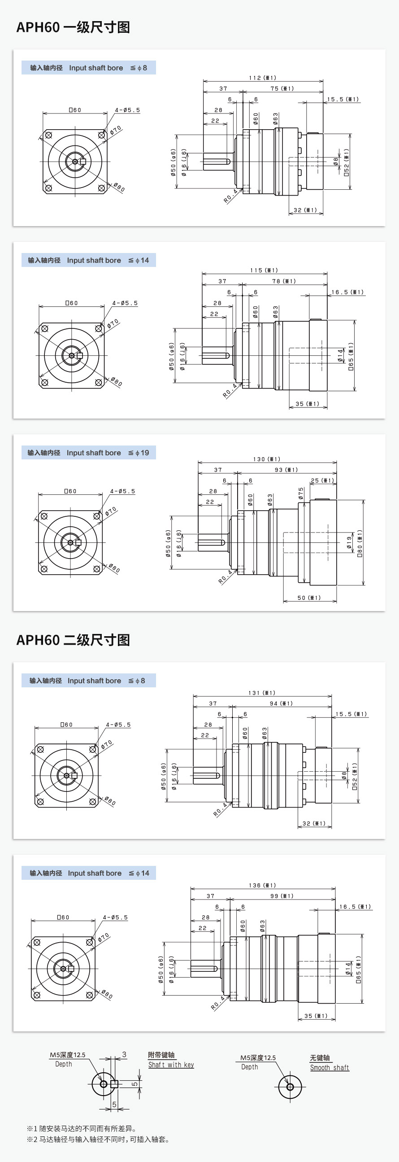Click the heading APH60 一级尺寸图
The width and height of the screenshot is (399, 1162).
73,27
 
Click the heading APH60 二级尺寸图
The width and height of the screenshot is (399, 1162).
73,640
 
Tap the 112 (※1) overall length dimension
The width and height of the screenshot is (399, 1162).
262,78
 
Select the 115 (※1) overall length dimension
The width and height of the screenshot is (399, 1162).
264,271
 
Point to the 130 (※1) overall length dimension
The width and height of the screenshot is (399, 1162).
266,459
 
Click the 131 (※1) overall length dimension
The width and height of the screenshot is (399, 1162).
261,693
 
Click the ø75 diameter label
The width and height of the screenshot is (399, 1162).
301,494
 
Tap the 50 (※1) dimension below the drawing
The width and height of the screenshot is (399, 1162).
309,598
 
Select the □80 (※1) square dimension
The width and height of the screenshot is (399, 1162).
360,543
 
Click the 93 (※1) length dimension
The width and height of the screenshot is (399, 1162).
286,470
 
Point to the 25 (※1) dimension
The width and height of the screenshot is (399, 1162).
322,481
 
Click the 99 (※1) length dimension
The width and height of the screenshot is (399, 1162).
282,896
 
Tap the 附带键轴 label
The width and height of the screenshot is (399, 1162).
161,1055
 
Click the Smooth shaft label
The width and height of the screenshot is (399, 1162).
329,1068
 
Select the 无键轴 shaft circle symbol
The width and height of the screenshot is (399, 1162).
290,1087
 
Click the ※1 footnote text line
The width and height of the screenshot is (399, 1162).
82,1129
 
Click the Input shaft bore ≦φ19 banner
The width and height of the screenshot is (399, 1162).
88,453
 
